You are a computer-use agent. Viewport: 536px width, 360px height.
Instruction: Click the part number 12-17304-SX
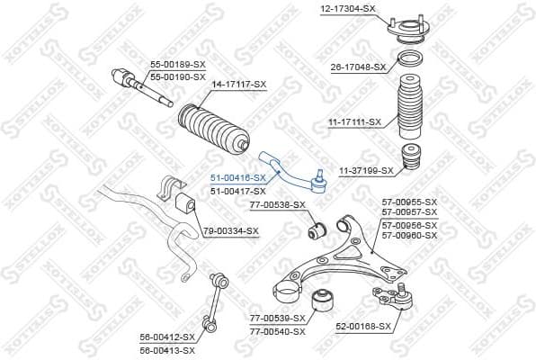tap(347, 8)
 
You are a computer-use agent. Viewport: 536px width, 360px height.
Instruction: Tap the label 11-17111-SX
tap(353, 121)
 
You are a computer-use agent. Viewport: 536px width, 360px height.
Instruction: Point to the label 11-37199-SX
tap(365, 170)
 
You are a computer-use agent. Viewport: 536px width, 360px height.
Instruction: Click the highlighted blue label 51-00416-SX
tap(237, 178)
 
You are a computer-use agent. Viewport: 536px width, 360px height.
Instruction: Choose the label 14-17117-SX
tap(238, 84)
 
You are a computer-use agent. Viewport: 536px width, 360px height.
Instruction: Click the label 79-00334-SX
tap(230, 231)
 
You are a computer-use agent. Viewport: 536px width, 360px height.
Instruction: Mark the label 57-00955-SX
tap(409, 202)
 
